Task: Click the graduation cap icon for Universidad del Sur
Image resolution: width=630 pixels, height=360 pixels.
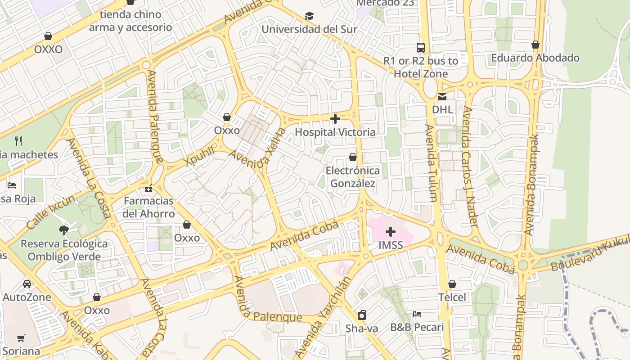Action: (309, 16)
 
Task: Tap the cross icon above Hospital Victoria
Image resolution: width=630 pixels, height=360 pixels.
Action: (335, 119)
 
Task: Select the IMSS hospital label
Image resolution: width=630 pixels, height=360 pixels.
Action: (390, 246)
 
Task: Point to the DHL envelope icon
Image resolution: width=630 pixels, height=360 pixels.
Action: (442, 96)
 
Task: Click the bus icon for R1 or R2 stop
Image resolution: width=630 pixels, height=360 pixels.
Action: (421, 47)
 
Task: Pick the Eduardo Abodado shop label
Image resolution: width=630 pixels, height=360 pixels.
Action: (535, 58)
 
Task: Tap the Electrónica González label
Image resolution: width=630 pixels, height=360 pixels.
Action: (353, 177)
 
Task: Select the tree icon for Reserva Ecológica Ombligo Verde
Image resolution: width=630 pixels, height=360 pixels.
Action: (64, 230)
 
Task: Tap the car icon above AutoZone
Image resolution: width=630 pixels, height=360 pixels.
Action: (27, 284)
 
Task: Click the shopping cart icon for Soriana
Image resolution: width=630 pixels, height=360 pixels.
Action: (21, 338)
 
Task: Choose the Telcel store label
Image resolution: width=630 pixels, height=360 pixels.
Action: (452, 297)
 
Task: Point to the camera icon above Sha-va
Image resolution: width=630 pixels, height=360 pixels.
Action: (362, 315)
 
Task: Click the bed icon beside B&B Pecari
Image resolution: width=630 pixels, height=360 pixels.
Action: (417, 314)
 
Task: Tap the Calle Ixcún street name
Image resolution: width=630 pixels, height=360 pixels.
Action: (51, 213)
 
